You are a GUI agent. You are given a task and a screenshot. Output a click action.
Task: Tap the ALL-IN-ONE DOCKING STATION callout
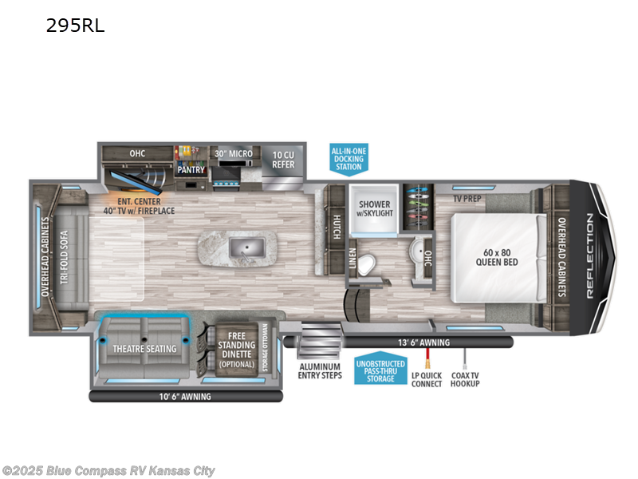[349, 157]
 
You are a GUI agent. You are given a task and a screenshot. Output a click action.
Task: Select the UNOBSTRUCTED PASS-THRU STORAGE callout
[380, 368]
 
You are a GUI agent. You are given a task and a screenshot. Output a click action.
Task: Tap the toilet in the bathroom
[366, 264]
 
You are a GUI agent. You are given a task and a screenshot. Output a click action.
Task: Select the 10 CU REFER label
[283, 160]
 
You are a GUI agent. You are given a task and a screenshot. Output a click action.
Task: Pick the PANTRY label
[191, 170]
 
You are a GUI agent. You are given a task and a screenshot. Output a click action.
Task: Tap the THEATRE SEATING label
[144, 348]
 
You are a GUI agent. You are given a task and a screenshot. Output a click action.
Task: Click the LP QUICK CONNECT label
[427, 378]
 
